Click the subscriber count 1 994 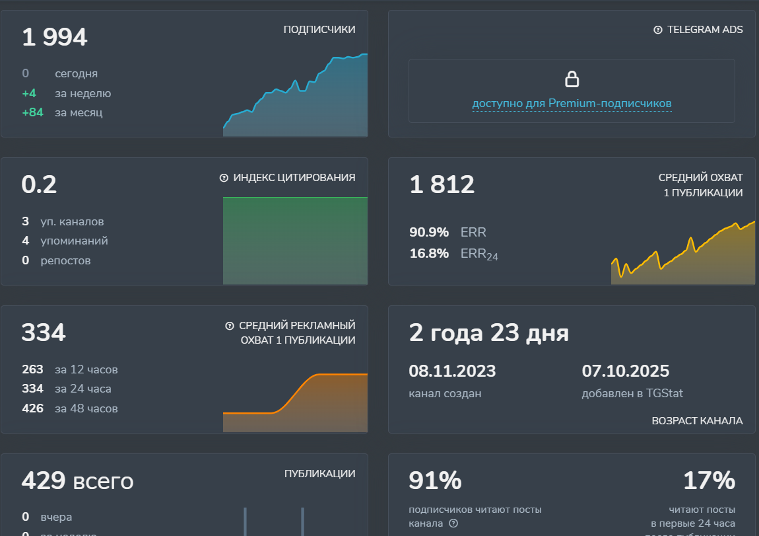point(54,37)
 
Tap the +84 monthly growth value point(32,112)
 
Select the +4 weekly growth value point(29,93)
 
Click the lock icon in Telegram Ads point(572,79)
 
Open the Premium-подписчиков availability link point(572,104)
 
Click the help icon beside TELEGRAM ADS point(657,30)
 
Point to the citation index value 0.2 point(39,184)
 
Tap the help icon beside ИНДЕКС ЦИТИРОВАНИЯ point(224,178)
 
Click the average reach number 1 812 point(442,184)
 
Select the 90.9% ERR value point(429,232)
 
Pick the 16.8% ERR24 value point(429,253)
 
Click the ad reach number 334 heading point(44,332)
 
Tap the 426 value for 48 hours point(32,408)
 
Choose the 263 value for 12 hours point(32,369)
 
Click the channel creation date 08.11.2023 point(452,371)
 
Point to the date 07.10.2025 point(625,371)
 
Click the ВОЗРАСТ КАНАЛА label point(697,421)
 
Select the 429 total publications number point(42,480)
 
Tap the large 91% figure point(435,480)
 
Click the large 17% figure point(709,480)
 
